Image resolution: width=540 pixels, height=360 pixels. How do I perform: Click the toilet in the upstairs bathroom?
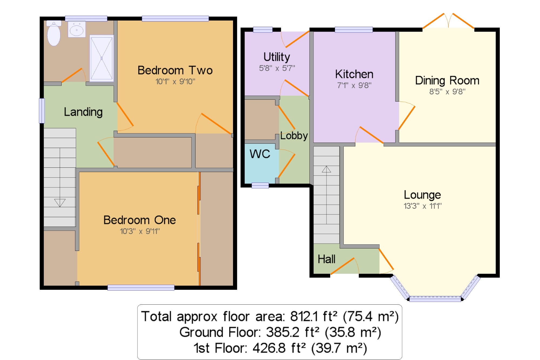click(x=54, y=33)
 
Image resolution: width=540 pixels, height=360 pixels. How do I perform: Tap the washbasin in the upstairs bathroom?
click(x=77, y=29)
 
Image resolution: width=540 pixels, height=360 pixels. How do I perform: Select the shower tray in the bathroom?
click(x=102, y=58)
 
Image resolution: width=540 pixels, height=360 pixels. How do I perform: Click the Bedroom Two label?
click(x=175, y=70)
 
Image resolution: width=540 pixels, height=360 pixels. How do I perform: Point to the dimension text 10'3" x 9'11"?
click(x=140, y=231)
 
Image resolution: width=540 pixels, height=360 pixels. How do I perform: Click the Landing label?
click(x=83, y=112)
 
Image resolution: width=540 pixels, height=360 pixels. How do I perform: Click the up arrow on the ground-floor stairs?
click(x=326, y=169)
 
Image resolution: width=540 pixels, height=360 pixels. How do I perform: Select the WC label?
click(x=260, y=154)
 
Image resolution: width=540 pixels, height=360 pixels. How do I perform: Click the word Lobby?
click(x=294, y=136)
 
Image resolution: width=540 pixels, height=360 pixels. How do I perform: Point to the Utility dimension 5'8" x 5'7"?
click(x=277, y=68)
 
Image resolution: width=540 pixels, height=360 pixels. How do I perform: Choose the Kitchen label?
click(x=354, y=74)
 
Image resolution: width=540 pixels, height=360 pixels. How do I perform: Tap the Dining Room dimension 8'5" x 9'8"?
click(x=447, y=92)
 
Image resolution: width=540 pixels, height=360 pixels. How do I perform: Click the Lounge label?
click(x=422, y=195)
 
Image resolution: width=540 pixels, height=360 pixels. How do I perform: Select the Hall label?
click(x=326, y=259)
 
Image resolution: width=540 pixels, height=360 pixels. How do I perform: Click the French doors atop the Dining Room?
click(x=448, y=21)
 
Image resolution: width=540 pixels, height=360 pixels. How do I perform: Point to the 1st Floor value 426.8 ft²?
click(x=279, y=348)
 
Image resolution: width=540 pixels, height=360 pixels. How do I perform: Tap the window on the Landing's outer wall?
click(x=42, y=111)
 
